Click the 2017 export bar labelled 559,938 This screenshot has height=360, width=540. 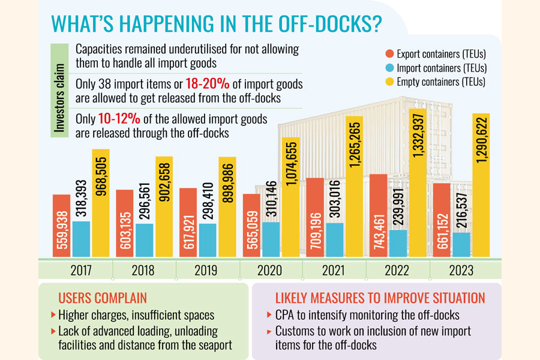pyautogui.click(x=61, y=224)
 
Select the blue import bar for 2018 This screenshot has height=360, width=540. pyautogui.click(x=145, y=239)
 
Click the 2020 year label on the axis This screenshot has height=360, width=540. pyautogui.click(x=270, y=270)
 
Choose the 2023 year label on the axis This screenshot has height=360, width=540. pyautogui.click(x=461, y=270)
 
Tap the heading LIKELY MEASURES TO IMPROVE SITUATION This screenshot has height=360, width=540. pyautogui.click(x=380, y=298)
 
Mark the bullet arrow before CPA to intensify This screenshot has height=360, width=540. pyautogui.click(x=268, y=315)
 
